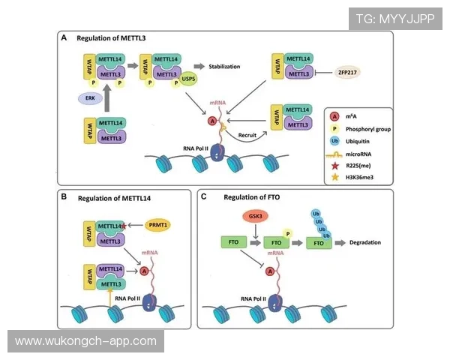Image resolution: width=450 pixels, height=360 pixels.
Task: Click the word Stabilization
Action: point(225,66)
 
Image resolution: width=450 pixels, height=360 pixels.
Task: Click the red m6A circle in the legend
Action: point(334,115)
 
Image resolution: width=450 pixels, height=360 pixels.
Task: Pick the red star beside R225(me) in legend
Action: point(334,166)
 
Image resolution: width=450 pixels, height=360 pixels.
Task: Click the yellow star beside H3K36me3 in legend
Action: point(334,178)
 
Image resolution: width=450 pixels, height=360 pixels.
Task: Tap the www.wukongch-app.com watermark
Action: point(86,341)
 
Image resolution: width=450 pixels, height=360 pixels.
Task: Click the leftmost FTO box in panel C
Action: point(229,243)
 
